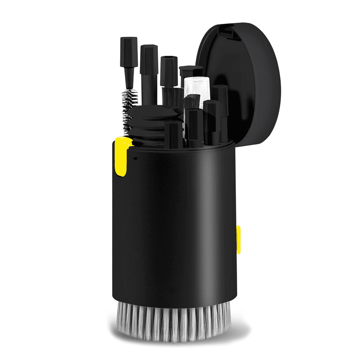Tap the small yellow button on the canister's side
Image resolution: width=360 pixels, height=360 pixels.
click(238, 239)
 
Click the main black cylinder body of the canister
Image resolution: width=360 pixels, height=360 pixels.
click(175, 225)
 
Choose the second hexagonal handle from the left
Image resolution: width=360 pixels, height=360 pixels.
click(148, 63)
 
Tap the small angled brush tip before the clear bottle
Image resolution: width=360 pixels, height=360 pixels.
click(191, 102)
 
